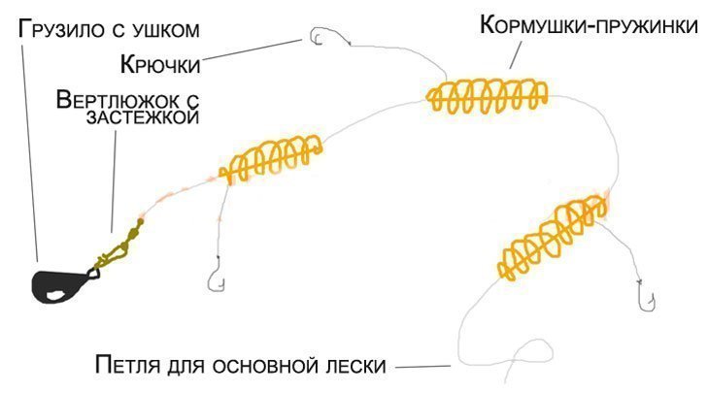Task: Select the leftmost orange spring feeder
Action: (271, 159)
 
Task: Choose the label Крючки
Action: (159, 65)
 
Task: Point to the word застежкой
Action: (155, 117)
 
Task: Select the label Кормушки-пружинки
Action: (589, 27)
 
